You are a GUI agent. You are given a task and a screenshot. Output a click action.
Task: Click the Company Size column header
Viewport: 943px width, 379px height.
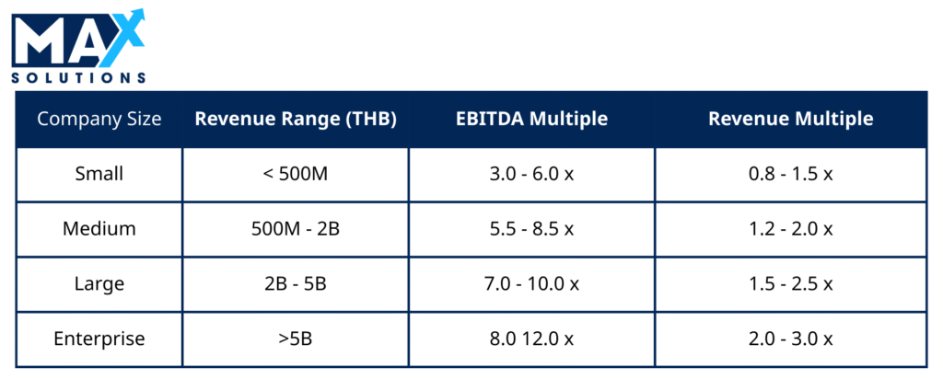pos(99,119)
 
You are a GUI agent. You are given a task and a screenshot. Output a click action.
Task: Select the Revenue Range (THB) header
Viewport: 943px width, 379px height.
pos(296,119)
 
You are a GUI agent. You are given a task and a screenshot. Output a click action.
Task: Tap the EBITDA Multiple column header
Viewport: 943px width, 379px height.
pos(531,119)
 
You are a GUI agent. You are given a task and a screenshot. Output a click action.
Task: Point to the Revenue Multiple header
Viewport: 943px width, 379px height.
pos(791,119)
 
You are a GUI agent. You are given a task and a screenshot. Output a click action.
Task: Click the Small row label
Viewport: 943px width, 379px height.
pos(99,174)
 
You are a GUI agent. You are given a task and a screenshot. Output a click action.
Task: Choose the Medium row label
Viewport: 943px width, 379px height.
pos(99,229)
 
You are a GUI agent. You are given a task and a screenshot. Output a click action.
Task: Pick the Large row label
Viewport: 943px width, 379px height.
pos(99,283)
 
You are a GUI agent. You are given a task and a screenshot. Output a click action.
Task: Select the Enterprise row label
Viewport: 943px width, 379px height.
pos(99,339)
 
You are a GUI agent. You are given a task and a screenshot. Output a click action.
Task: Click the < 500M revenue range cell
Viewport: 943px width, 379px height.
pos(296,174)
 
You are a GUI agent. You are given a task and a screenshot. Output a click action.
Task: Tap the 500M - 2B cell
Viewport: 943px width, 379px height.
pos(296,229)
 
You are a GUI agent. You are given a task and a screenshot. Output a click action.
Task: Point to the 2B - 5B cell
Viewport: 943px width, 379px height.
pos(296,283)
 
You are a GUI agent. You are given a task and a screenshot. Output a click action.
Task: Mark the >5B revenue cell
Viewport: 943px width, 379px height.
pos(296,339)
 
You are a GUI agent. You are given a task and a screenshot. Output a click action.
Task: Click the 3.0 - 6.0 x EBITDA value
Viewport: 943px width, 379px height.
pos(531,174)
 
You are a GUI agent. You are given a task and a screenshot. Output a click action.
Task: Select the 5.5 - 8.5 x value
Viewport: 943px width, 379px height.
pos(531,229)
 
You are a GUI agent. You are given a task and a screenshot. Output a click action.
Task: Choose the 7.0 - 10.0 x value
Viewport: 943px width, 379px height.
pos(531,283)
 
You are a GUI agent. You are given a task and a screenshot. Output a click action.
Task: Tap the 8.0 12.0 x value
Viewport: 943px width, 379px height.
pos(531,339)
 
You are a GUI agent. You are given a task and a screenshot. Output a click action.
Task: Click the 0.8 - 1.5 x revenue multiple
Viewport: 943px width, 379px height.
pos(791,174)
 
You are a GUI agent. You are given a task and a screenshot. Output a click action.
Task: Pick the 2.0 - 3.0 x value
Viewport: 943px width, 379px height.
pos(791,339)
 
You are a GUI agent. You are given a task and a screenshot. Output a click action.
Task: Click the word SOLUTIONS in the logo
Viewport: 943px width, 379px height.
pos(79,77)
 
